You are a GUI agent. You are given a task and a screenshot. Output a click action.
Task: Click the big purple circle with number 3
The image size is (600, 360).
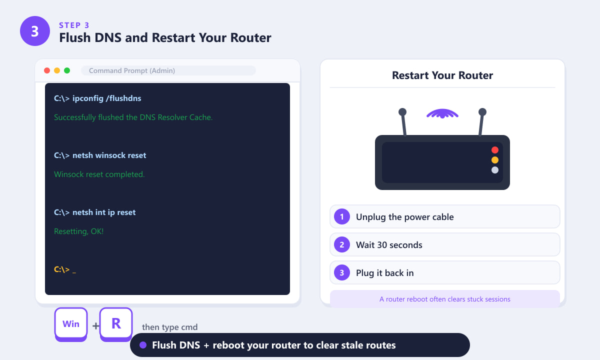[x=35, y=31]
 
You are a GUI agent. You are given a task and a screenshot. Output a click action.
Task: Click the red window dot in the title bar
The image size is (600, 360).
[x=47, y=70]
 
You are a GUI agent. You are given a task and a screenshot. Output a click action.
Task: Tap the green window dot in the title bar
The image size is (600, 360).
[x=67, y=70]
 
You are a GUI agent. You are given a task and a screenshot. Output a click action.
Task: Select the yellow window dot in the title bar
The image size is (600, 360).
[x=57, y=70]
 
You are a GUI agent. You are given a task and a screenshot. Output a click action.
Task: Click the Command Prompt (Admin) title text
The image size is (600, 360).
[x=132, y=70]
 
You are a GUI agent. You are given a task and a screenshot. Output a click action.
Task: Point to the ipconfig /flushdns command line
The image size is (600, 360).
[x=97, y=98]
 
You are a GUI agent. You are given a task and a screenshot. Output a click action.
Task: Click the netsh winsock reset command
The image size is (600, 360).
[x=100, y=155]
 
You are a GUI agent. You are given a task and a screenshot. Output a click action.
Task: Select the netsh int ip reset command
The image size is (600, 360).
[x=94, y=212]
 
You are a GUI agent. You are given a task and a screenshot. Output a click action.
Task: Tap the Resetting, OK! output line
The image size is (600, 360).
[x=79, y=231]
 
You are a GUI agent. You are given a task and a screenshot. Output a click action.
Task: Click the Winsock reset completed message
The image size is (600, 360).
[x=99, y=174]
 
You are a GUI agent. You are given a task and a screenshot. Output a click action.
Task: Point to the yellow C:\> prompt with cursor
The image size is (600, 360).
[x=65, y=269]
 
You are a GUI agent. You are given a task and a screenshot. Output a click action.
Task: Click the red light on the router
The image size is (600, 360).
[x=495, y=150]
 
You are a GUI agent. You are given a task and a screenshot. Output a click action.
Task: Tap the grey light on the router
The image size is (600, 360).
[x=495, y=170]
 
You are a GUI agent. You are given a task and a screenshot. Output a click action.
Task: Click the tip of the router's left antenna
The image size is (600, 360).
[x=402, y=111]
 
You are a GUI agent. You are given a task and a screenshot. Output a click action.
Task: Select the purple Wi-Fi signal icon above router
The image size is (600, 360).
[x=442, y=113]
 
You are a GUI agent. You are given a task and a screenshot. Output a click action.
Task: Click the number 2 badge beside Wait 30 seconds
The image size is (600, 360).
[x=342, y=244]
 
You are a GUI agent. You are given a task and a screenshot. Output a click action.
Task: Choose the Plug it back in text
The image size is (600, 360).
[x=384, y=273]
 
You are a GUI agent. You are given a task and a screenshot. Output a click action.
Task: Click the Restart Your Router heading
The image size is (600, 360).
[x=442, y=75]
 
